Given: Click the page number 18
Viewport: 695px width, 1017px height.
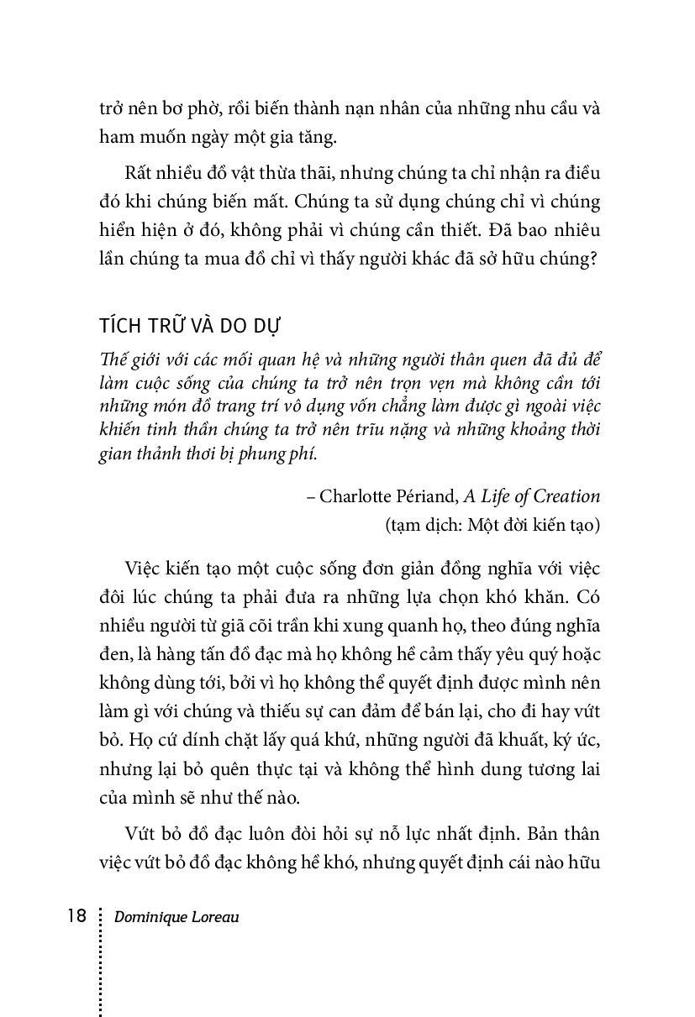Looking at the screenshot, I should click(76, 915).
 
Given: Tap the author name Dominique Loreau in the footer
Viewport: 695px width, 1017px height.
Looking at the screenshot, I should click(176, 917).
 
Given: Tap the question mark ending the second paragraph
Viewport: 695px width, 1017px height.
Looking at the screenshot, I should click(594, 260).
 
